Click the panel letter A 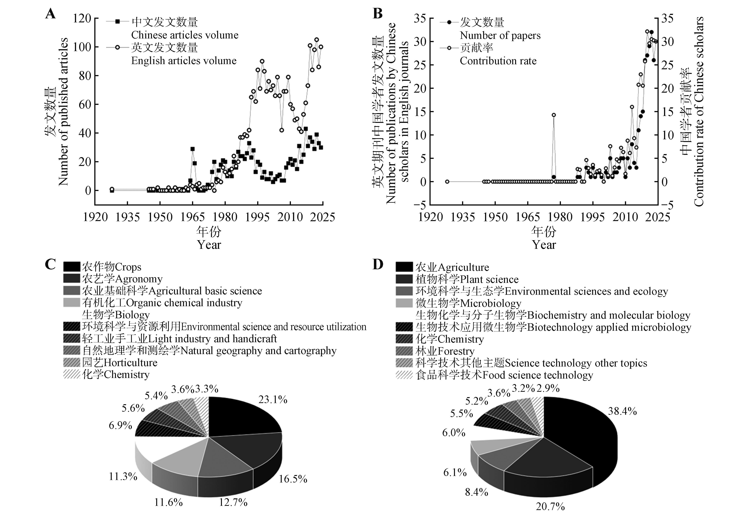coord(50,15)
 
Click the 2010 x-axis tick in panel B coord(625,217)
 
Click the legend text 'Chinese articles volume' coord(185,35)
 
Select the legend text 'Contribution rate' coord(498,61)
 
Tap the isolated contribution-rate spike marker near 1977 coord(553,115)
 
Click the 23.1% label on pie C coord(273,399)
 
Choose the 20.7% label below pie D coord(550,506)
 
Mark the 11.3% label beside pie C coord(123,476)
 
